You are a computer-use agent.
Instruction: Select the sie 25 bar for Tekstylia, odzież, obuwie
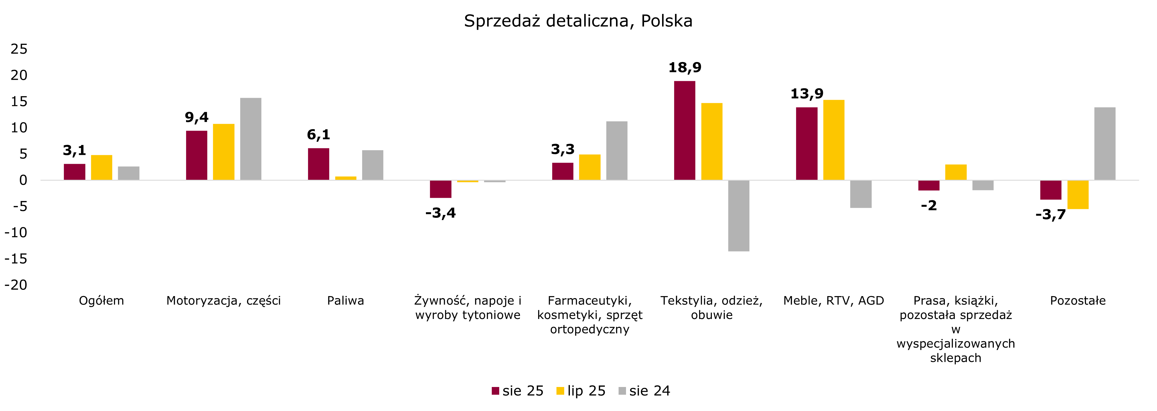pos(684,131)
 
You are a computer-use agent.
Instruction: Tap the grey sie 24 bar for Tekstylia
pos(739,216)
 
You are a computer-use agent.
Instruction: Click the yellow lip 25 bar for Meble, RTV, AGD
pos(834,140)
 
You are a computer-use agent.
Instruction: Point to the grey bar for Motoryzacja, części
pos(251,139)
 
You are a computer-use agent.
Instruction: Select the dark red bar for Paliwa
pos(318,164)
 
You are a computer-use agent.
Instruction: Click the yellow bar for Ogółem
pos(102,168)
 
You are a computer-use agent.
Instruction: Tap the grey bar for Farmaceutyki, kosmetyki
pos(617,151)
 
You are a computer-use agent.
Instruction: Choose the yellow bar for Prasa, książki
pos(956,172)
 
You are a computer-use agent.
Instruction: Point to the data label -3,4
pos(440,213)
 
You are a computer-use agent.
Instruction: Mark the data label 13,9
pos(807,94)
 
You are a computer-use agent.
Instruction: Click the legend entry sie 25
pos(518,391)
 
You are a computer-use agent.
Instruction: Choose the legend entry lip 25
pos(581,391)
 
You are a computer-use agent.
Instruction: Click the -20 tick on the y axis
pos(16,285)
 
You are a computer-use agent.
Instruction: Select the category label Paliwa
pos(345,301)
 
